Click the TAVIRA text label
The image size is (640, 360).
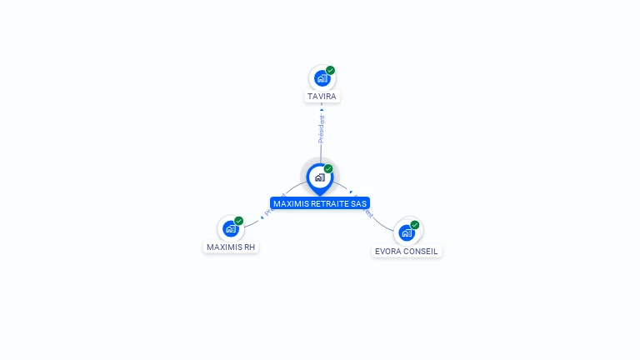(x=322, y=97)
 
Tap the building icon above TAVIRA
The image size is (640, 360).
(x=322, y=78)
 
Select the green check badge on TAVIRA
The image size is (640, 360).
(x=331, y=71)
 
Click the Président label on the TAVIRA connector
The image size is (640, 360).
(x=322, y=128)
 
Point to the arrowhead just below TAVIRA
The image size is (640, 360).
(x=322, y=109)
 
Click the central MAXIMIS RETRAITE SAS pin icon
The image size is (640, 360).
(x=319, y=177)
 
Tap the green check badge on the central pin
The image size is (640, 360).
(x=328, y=169)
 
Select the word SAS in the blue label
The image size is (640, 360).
(x=359, y=203)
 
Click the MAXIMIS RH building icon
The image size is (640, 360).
(x=231, y=228)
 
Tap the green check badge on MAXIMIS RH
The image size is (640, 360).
(x=239, y=221)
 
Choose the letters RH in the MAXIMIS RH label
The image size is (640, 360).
(x=250, y=247)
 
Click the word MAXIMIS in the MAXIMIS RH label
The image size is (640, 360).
(x=224, y=247)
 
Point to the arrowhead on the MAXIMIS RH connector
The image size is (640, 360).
(x=262, y=217)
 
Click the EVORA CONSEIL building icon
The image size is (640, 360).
(x=407, y=232)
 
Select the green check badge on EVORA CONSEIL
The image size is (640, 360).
(x=415, y=225)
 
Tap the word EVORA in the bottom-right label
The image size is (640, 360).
(x=389, y=252)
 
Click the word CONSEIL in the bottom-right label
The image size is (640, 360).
(x=422, y=252)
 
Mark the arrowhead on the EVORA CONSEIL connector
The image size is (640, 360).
(x=351, y=192)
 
